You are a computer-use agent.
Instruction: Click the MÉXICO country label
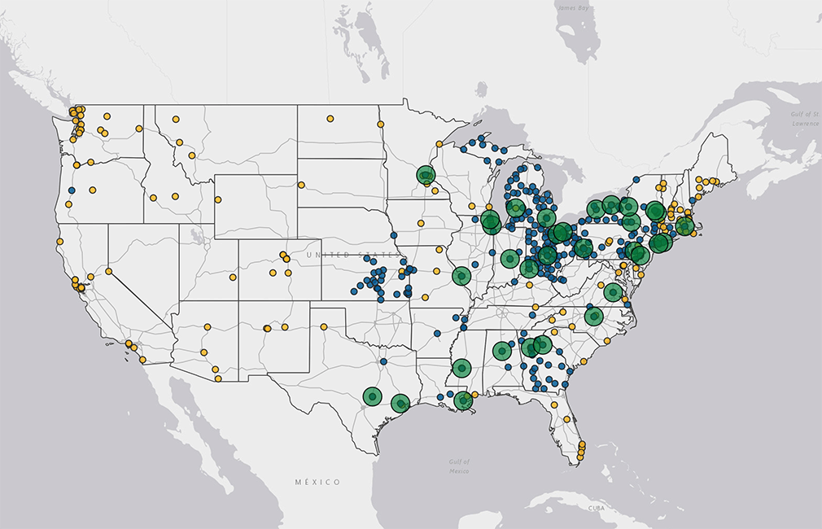coord(317,483)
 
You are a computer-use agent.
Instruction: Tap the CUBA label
coord(597,507)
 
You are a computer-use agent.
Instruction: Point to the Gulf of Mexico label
coord(459,466)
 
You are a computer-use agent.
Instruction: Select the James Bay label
coord(571,7)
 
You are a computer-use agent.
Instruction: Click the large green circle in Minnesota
coord(426,175)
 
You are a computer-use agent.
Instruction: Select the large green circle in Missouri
coord(461,276)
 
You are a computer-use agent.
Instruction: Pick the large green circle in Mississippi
coord(461,369)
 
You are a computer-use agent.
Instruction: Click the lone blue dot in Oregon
coord(72,190)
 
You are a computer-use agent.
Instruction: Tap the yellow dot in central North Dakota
coord(330,119)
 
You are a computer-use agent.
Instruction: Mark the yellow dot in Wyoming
coord(218,199)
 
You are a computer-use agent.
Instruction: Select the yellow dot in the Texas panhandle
coord(324,327)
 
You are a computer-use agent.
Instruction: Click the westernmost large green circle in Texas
coord(372,397)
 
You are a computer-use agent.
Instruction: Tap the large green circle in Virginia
coord(613,292)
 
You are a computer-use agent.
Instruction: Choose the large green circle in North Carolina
coord(595,317)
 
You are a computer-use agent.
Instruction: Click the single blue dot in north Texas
coord(383,361)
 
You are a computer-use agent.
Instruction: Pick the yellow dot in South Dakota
coord(301,185)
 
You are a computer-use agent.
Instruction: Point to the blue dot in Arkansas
coord(437,333)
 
